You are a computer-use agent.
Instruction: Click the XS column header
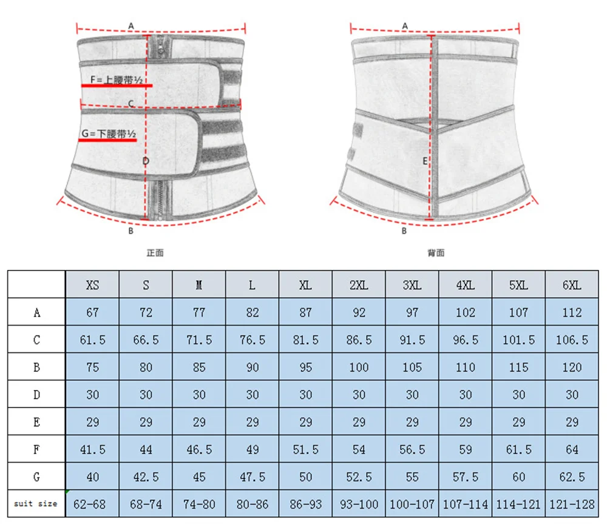[92, 285]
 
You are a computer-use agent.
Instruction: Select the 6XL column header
[572, 285]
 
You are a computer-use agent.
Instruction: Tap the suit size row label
[36, 503]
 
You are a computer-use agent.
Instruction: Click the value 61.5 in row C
[92, 340]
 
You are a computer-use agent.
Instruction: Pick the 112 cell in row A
[572, 312]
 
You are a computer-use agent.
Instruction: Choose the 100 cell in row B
[359, 367]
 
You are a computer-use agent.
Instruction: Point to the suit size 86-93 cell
[305, 503]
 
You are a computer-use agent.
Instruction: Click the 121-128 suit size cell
[572, 503]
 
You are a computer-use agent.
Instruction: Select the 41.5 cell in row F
[92, 449]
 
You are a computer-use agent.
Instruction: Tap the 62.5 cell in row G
[572, 477]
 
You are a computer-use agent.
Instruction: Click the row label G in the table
[36, 477]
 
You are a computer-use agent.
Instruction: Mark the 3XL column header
[412, 285]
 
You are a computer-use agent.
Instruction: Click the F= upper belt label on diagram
[117, 79]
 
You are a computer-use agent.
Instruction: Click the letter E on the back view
[425, 161]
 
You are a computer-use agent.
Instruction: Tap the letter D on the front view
[146, 161]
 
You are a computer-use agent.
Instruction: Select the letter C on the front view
[131, 104]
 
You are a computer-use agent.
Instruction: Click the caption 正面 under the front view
[155, 252]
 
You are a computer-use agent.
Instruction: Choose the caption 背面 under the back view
[435, 252]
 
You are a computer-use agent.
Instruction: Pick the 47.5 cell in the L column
[252, 477]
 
